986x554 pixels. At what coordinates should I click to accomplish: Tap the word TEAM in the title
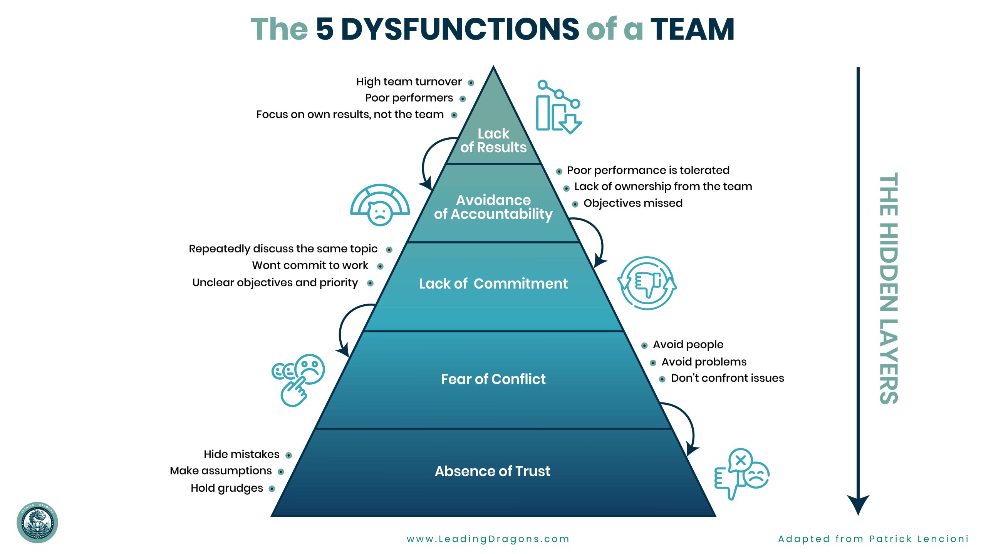(692, 29)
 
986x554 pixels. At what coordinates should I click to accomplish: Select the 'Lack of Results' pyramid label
(493, 140)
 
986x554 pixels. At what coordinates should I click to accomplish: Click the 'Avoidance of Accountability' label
(493, 207)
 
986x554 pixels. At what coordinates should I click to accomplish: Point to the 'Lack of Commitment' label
(493, 284)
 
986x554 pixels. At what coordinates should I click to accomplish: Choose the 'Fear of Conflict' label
(493, 379)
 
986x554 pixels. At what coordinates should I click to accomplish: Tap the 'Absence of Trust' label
(493, 471)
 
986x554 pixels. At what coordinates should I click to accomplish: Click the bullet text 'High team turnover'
(409, 82)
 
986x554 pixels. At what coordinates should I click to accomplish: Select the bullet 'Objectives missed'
(633, 203)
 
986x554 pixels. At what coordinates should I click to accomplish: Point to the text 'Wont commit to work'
(310, 265)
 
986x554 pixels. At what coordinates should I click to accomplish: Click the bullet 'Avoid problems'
(704, 362)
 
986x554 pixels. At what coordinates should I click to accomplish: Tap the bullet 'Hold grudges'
(227, 488)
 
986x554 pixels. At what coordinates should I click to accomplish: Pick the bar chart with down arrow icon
(558, 107)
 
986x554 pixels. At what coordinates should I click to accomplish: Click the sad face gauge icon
(380, 205)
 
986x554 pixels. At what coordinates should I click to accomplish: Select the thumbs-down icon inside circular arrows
(647, 283)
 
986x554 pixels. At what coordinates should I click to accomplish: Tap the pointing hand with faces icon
(298, 379)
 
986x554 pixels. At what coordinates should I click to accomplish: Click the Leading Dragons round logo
(37, 522)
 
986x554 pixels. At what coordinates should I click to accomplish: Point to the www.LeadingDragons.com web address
(488, 539)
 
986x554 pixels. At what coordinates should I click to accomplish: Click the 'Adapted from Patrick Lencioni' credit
(873, 539)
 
